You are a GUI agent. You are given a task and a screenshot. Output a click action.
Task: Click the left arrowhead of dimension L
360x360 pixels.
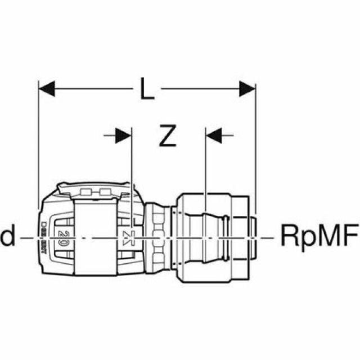[47, 88]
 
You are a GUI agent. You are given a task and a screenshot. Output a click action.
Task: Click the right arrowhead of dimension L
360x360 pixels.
[247, 88]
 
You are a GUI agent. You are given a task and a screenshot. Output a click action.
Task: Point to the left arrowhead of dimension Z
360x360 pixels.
[123, 136]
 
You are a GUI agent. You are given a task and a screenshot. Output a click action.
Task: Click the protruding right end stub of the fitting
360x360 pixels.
[252, 236]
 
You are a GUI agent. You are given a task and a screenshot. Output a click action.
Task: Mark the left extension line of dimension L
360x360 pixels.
[38, 141]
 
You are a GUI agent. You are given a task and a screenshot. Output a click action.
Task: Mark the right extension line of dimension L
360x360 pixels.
[255, 141]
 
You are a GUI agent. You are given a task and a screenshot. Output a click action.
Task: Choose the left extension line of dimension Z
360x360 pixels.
[131, 169]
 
